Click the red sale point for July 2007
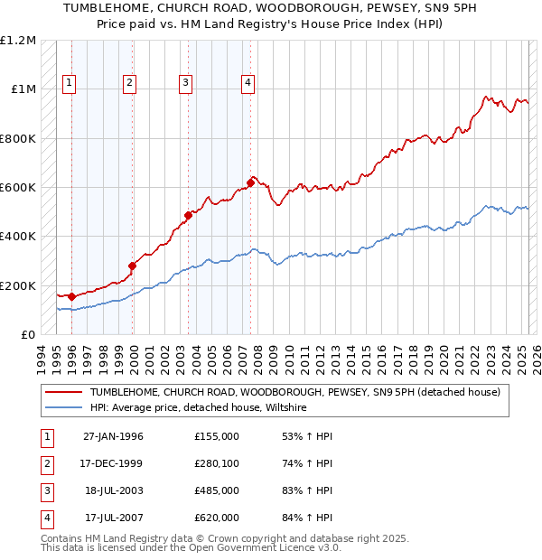[250, 183]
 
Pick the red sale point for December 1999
[133, 266]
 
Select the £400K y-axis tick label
[18, 237]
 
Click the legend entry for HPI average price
[198, 408]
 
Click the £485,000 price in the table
[216, 490]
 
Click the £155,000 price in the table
[216, 436]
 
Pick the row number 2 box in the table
[44, 463]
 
